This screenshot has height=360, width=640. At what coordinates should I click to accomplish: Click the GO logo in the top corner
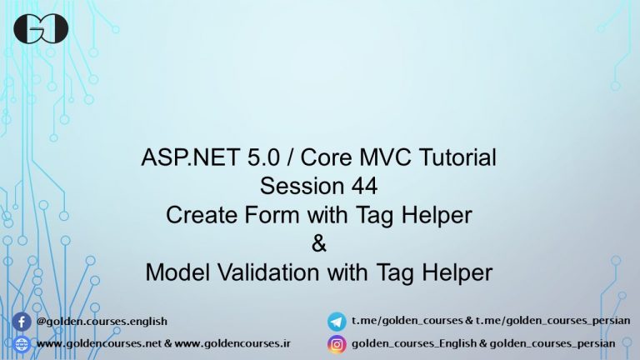tap(41, 29)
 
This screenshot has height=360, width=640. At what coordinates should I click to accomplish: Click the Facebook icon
tap(22, 321)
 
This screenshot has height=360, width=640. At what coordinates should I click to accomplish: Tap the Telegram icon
tap(337, 321)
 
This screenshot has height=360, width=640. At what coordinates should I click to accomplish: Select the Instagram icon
tap(337, 343)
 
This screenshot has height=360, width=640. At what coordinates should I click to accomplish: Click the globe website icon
tap(22, 343)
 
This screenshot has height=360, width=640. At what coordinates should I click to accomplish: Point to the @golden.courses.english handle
tap(102, 321)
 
